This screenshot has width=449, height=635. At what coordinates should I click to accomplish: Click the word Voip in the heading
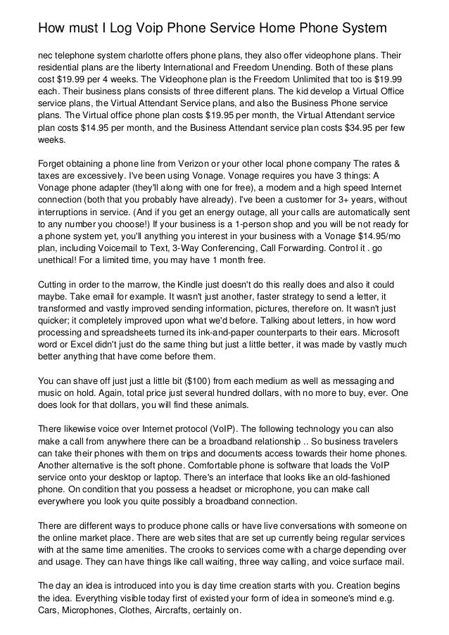point(140,29)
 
